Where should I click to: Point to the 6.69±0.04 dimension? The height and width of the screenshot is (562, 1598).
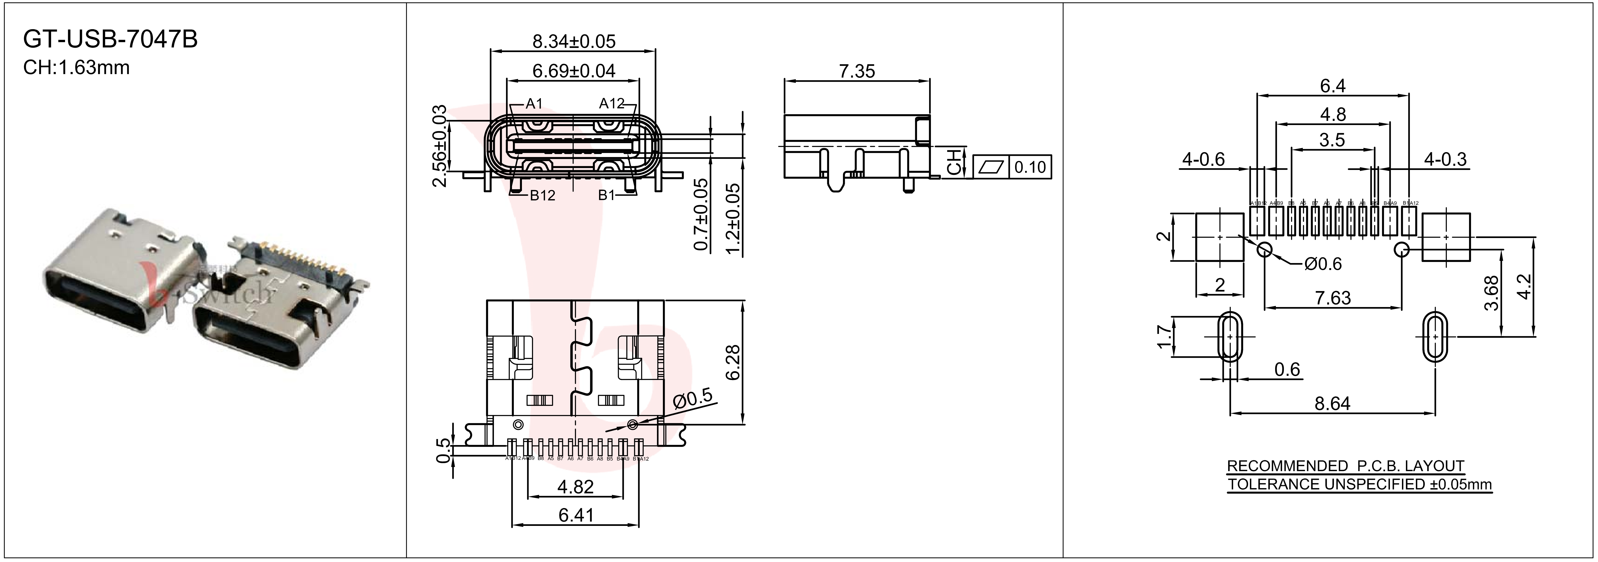point(574,71)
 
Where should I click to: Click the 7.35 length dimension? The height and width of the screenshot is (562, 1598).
point(857,71)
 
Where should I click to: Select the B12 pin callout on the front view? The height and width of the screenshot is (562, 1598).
point(542,195)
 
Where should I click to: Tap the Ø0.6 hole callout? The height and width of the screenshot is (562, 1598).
point(1323,264)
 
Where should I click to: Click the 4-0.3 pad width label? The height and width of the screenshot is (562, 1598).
point(1445,159)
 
